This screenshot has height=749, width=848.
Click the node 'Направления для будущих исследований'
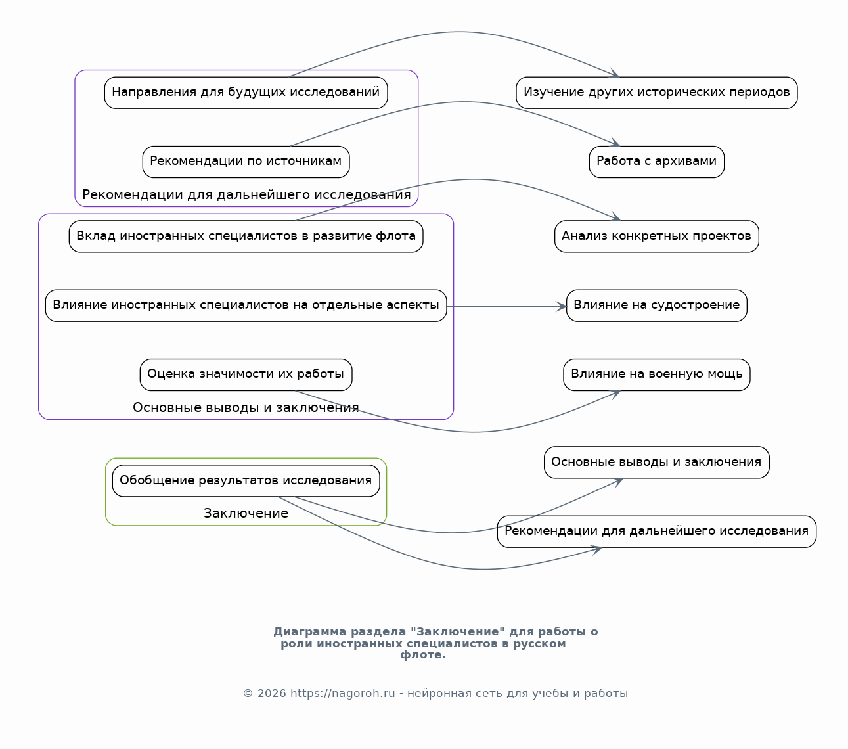coord(246,93)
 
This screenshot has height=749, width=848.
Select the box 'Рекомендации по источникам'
coord(246,162)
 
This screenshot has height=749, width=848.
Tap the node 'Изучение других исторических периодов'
coord(657,93)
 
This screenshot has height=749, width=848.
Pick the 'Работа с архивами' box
coord(657,162)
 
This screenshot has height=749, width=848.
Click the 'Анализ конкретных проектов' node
coord(657,237)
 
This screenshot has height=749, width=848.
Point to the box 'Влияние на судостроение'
coord(657,306)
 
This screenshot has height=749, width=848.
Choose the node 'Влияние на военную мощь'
coord(657,375)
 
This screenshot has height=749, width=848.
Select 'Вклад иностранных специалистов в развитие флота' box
coord(246,237)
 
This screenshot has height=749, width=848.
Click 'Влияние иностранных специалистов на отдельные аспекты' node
coord(246,306)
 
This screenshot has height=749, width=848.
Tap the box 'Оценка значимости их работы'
coord(246,375)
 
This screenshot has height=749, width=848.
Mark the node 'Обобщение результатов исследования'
coord(246,481)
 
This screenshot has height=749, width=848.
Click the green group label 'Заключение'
coord(246,514)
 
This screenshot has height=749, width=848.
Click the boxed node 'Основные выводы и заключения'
coord(657,463)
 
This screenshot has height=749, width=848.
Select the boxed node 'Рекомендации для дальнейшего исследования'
coord(657,532)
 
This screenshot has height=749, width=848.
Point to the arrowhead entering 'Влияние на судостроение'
coord(562,307)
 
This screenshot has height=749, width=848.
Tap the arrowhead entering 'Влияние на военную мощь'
coord(615,395)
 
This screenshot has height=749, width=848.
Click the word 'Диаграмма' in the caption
coord(310,632)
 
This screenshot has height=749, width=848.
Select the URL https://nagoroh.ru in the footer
coord(343,694)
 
